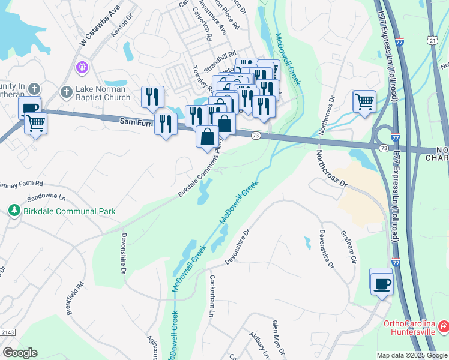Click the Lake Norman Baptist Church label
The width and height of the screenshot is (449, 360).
[103, 93]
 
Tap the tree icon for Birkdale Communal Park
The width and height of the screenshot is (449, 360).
[13, 211]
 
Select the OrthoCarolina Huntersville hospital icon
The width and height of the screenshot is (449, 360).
[443, 326]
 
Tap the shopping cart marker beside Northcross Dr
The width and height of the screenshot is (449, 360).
[364, 101]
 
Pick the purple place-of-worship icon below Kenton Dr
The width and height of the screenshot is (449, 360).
[82, 67]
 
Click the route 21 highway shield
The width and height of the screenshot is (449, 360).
[432, 40]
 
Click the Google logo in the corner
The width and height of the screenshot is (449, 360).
[20, 353]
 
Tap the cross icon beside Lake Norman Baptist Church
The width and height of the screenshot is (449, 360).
[66, 92]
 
